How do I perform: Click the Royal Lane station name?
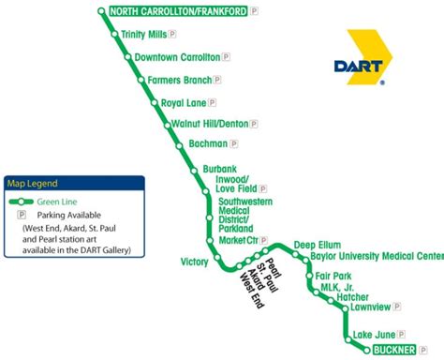pos(183,102)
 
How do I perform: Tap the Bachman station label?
pos(207,144)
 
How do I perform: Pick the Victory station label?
pos(195,262)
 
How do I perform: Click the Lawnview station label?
pos(369,307)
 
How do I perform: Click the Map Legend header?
pos(33,183)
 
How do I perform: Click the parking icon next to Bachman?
pos(233,144)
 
